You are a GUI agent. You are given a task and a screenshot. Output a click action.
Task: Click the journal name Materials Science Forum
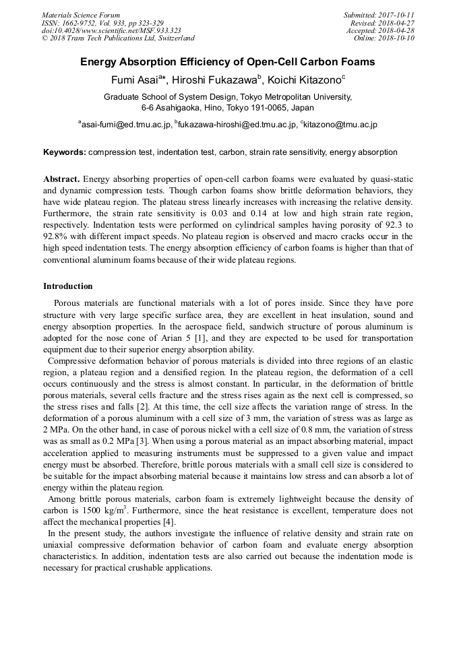(x=81, y=15)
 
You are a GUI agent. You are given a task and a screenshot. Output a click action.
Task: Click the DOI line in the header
(x=111, y=30)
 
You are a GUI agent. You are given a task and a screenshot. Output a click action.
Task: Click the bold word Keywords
(x=64, y=152)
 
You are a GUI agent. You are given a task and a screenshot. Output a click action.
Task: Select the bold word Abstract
(x=61, y=179)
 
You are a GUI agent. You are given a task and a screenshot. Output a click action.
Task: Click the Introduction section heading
(x=68, y=286)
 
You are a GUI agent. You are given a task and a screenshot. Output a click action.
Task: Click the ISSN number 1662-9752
(x=82, y=23)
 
